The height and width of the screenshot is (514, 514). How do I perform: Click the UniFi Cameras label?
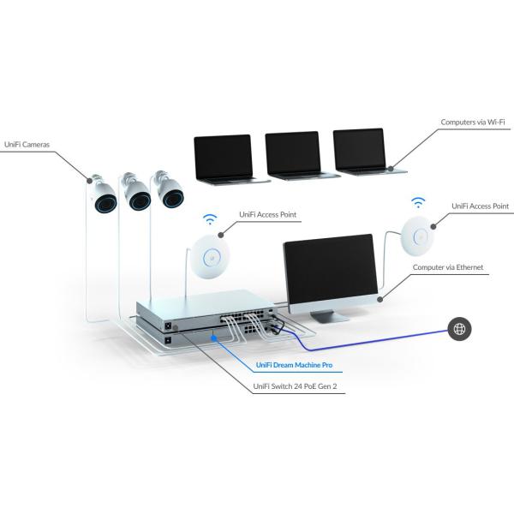[x=27, y=144]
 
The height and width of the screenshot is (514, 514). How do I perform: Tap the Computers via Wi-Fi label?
[x=471, y=123]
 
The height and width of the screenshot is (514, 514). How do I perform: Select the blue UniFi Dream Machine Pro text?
[x=295, y=365]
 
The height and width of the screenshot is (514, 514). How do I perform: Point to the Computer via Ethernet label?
[x=448, y=267]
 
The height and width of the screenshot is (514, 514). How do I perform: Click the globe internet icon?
[x=459, y=328]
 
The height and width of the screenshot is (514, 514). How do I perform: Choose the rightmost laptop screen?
[x=360, y=151]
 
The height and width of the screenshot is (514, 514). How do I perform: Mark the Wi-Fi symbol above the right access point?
[x=418, y=204]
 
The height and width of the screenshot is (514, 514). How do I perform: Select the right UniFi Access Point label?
[x=480, y=206]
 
